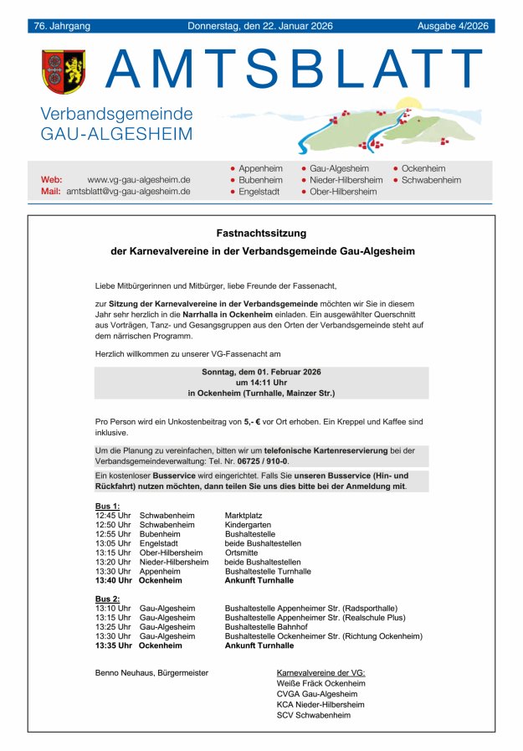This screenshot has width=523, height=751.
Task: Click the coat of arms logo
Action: pyautogui.click(x=64, y=72)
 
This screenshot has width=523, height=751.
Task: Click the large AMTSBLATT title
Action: pyautogui.click(x=295, y=69)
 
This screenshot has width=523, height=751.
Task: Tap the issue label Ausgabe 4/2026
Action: pyautogui.click(x=453, y=26)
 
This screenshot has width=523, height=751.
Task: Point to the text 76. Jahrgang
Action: pyautogui.click(x=62, y=26)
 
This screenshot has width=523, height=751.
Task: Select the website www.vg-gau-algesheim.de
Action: pyautogui.click(x=139, y=179)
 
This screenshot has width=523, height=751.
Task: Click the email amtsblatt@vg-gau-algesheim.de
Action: pyautogui.click(x=128, y=191)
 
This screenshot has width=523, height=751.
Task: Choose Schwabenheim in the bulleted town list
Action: pyautogui.click(x=431, y=180)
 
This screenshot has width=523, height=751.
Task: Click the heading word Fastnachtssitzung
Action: pyautogui.click(x=261, y=233)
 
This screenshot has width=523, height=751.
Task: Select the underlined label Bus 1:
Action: pyautogui.click(x=108, y=507)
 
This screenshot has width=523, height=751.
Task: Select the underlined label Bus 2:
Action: pyautogui.click(x=108, y=599)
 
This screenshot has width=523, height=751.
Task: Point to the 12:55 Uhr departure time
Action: pyautogui.click(x=113, y=533)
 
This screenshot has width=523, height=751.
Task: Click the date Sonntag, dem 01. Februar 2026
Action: pyautogui.click(x=261, y=371)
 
